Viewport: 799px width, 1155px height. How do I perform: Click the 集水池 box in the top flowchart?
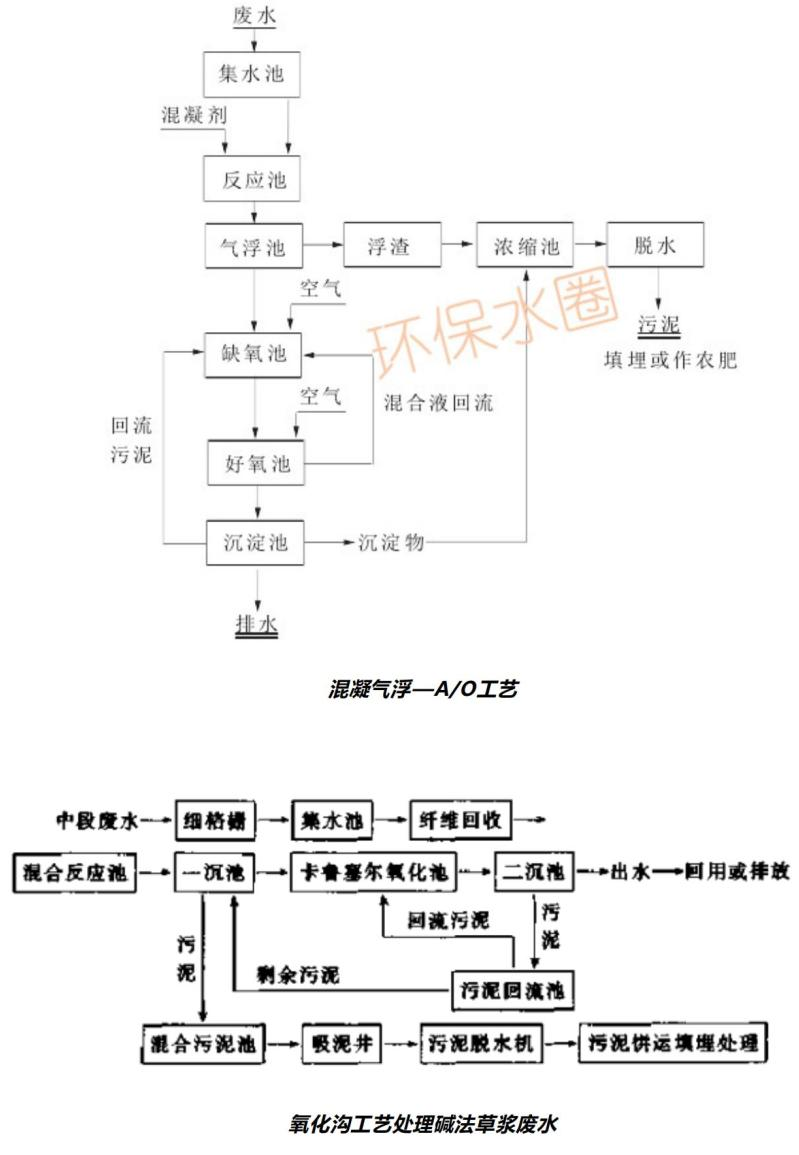(x=251, y=73)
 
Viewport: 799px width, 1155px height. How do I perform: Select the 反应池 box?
(x=254, y=180)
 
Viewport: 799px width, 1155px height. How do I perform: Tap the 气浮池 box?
(x=253, y=246)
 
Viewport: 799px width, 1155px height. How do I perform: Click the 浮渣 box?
(x=391, y=246)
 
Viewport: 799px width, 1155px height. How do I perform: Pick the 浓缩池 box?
(x=525, y=246)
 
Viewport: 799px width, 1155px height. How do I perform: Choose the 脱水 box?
(x=656, y=246)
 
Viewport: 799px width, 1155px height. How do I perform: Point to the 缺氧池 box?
(x=253, y=355)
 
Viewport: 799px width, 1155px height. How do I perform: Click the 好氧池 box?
(x=256, y=464)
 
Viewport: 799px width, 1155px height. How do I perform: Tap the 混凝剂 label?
(x=194, y=115)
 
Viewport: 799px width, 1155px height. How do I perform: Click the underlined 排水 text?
(x=256, y=625)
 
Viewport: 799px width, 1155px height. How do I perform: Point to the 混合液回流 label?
(x=439, y=404)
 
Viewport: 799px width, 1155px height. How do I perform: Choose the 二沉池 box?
(x=531, y=873)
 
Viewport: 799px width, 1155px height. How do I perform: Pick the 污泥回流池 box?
(x=514, y=990)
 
